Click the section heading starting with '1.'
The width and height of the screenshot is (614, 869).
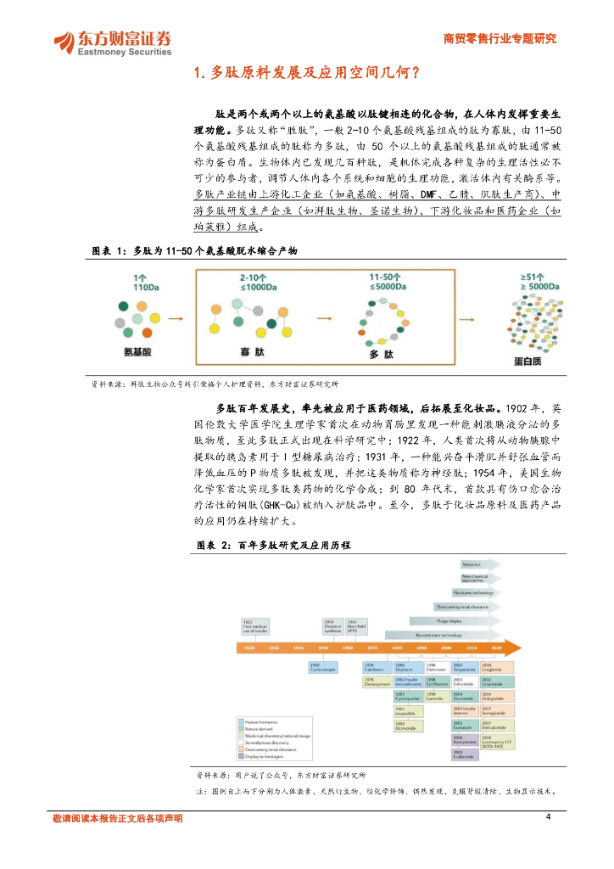click(x=306, y=73)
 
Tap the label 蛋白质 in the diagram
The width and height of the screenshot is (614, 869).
click(x=530, y=361)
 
